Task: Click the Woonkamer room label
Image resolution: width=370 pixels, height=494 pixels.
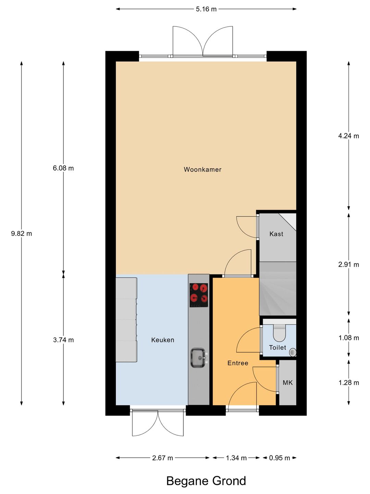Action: pyautogui.click(x=202, y=169)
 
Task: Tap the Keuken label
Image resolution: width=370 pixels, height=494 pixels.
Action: pyautogui.click(x=163, y=340)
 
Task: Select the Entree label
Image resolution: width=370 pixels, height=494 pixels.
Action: pyautogui.click(x=238, y=363)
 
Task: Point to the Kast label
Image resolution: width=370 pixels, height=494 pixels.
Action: pyautogui.click(x=276, y=234)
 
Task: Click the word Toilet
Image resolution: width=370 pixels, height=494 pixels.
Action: pyautogui.click(x=277, y=348)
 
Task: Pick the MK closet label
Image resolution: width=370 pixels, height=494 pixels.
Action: pyautogui.click(x=288, y=383)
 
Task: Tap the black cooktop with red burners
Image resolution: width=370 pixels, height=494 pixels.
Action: pyautogui.click(x=199, y=295)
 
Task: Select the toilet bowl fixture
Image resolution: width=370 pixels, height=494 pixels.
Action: pyautogui.click(x=280, y=333)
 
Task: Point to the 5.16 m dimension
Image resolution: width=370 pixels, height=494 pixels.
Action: pyautogui.click(x=206, y=9)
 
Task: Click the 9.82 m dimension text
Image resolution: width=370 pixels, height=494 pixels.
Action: pyautogui.click(x=22, y=234)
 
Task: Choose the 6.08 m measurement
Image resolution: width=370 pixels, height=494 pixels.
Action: pyautogui.click(x=63, y=168)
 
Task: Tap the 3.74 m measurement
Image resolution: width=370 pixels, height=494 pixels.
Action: pyautogui.click(x=63, y=340)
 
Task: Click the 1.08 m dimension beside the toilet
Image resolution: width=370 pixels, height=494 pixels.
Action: pyautogui.click(x=349, y=338)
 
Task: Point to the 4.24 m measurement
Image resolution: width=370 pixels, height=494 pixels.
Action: pyautogui.click(x=349, y=136)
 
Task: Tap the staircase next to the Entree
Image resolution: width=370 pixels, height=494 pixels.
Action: pyautogui.click(x=277, y=289)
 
